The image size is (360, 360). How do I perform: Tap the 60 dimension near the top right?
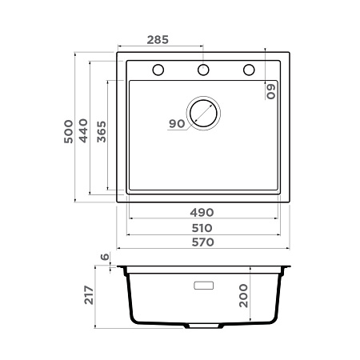tap(272, 90)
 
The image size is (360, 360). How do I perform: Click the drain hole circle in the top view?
tap(202, 113)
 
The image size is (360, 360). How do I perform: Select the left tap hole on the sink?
tap(158, 70)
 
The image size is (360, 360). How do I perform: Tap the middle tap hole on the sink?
tap(203, 70)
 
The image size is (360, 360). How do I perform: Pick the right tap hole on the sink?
tap(249, 70)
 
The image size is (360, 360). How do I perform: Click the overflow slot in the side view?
tap(204, 284)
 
